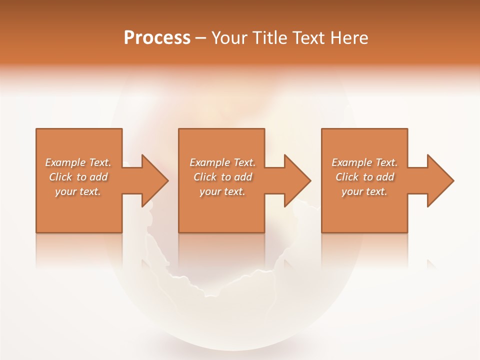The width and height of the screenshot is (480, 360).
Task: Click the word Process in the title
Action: click(x=157, y=37)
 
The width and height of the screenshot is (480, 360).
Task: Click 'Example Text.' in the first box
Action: click(x=78, y=162)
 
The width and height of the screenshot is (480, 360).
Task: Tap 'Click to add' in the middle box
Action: click(x=222, y=177)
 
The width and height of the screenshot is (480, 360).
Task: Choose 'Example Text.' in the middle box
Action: click(x=222, y=162)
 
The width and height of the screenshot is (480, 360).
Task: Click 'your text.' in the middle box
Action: click(x=222, y=191)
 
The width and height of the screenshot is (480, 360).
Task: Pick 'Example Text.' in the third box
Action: click(x=364, y=162)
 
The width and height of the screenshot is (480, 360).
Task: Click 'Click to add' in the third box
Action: click(x=364, y=177)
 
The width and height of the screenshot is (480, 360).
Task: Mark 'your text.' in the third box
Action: click(x=364, y=191)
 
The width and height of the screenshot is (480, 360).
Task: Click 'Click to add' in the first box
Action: click(x=78, y=177)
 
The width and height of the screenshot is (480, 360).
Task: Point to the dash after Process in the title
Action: click(x=201, y=38)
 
